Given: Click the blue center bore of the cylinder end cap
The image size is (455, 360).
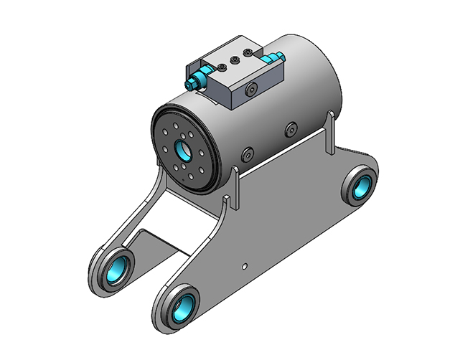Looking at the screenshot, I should coord(181,151).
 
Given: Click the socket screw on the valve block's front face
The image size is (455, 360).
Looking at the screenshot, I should coord(250,90).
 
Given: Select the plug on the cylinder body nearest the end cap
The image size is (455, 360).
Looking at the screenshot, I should coord(248,154).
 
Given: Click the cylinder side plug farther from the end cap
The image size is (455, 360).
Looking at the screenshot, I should coord(290,130).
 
